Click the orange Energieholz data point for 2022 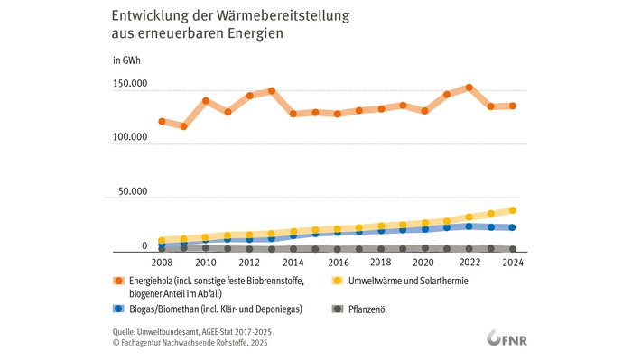pos(469,88)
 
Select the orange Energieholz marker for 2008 pos(162,121)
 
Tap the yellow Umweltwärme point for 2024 pos(512,210)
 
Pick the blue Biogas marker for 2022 pos(469,226)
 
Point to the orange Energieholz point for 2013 pos(271,91)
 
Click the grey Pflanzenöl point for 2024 pos(512,249)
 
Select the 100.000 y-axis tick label pos(129,138)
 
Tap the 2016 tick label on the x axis pos(337,263)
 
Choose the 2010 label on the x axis pos(205,263)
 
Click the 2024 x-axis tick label pos(512,263)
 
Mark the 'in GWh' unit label pos(126,60)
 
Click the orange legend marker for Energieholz pos(118,281)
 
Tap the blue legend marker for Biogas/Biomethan pos(118,309)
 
